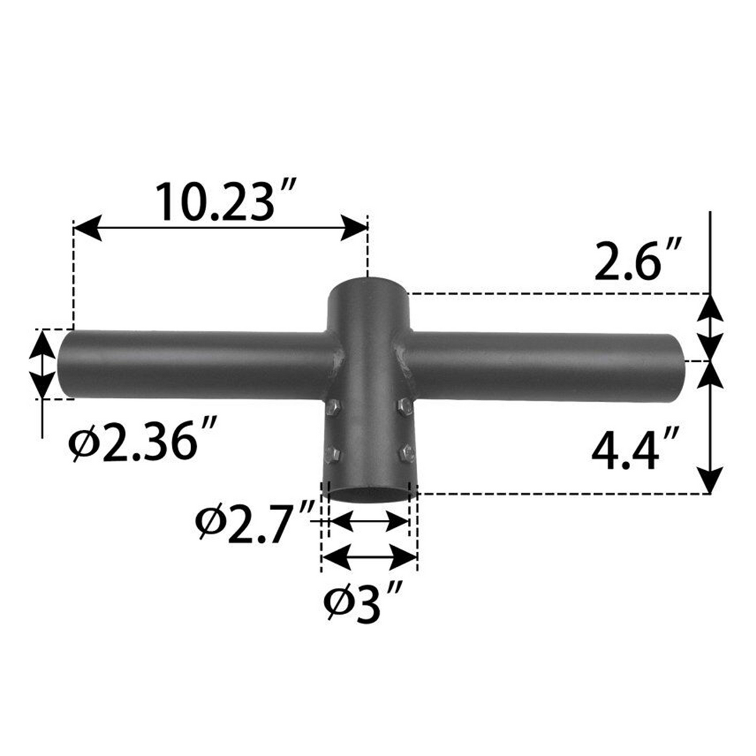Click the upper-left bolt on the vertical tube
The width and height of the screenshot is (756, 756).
click(331, 408)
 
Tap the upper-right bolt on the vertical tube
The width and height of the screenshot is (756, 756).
click(403, 407)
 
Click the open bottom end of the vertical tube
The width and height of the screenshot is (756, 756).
click(367, 494)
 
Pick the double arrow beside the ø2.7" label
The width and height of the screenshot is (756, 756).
click(367, 522)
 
